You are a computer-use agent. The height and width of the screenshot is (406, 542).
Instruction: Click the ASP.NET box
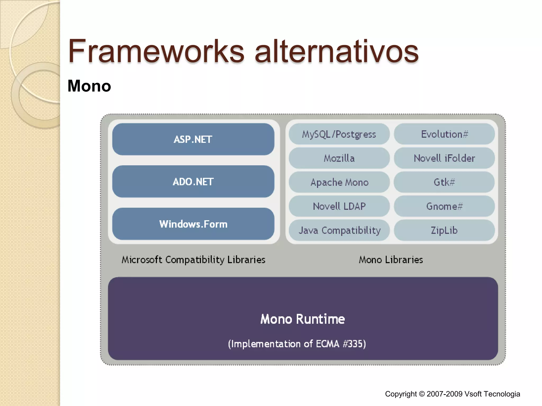(x=193, y=139)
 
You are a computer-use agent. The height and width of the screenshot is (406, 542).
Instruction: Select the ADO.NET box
(x=193, y=182)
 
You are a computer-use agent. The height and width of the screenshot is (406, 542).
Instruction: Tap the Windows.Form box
(x=193, y=224)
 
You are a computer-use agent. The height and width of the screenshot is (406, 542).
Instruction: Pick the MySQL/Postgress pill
(x=339, y=134)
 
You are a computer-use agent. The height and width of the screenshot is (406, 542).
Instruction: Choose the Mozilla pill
(x=339, y=158)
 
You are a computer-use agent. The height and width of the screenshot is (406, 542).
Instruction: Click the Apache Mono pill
(x=339, y=182)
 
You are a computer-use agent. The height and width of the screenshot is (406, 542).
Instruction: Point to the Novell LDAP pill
(x=339, y=206)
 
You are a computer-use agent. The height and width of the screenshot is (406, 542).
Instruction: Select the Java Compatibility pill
(x=339, y=230)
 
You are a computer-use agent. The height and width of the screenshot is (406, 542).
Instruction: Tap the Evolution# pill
(x=444, y=134)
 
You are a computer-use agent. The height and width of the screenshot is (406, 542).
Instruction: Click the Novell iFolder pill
(x=444, y=158)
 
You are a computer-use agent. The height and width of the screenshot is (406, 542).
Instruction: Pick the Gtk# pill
(x=444, y=182)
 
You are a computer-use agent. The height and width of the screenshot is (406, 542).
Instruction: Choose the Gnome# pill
(x=444, y=206)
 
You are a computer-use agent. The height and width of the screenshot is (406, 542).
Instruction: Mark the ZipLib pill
(x=444, y=230)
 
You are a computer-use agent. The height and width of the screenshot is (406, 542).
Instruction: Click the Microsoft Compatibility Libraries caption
(x=193, y=260)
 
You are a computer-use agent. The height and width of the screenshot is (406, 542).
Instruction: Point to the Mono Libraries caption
(x=391, y=260)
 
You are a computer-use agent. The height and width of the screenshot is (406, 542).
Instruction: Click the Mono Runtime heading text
(x=302, y=319)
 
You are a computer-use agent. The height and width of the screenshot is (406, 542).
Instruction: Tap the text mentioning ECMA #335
(x=297, y=344)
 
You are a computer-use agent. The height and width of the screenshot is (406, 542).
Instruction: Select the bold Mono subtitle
(x=89, y=86)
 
